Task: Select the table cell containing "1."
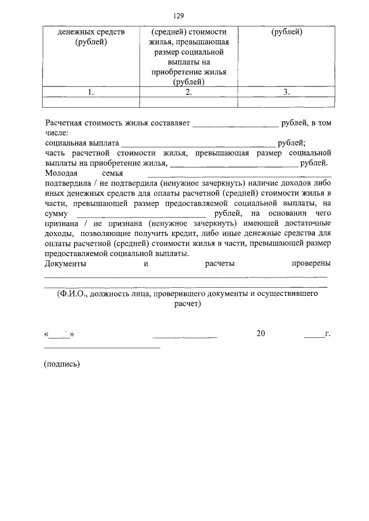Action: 91,92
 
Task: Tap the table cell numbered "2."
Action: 189,92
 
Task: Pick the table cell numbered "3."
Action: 287,92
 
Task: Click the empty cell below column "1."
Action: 91,102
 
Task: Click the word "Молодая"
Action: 62,172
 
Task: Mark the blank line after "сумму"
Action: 141,214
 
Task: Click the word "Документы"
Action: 65,264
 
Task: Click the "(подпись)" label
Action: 62,363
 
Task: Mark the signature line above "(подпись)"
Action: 102,347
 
